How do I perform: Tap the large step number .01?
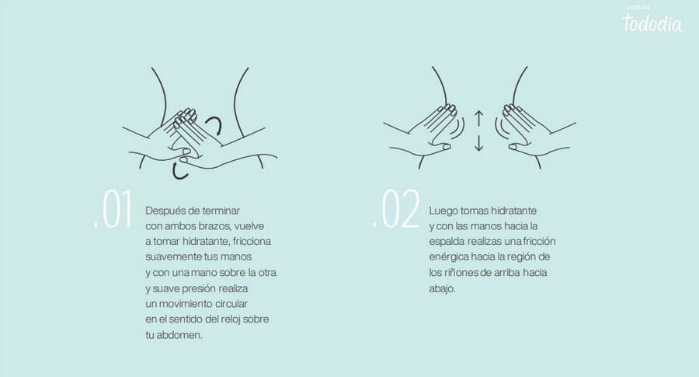tap(113, 210)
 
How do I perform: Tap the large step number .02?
tap(396, 209)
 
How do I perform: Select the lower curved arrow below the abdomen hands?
tap(179, 172)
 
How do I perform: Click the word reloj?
tap(230, 319)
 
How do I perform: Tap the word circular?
tap(231, 304)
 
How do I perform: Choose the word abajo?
tap(441, 288)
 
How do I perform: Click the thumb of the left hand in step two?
tap(441, 146)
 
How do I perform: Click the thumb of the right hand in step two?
tap(517, 146)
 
